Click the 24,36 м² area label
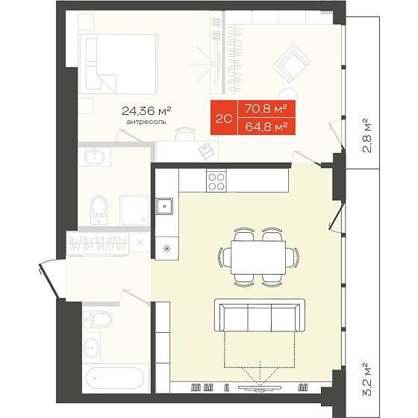[146, 111]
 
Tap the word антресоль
[146, 122]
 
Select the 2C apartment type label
[224, 119]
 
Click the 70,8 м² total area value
[266, 108]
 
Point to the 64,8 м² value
[266, 126]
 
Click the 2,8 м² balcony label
[367, 135]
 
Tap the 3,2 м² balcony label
[367, 379]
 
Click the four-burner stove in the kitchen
[216, 181]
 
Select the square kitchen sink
[164, 206]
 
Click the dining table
[258, 258]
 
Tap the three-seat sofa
[260, 315]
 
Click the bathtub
[115, 378]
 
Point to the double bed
[118, 64]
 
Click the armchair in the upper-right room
[291, 63]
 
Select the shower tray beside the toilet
[134, 210]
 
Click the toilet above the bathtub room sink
[97, 319]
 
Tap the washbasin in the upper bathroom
[94, 157]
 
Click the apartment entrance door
[49, 280]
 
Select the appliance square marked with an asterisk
[167, 249]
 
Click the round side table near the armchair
[288, 94]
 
